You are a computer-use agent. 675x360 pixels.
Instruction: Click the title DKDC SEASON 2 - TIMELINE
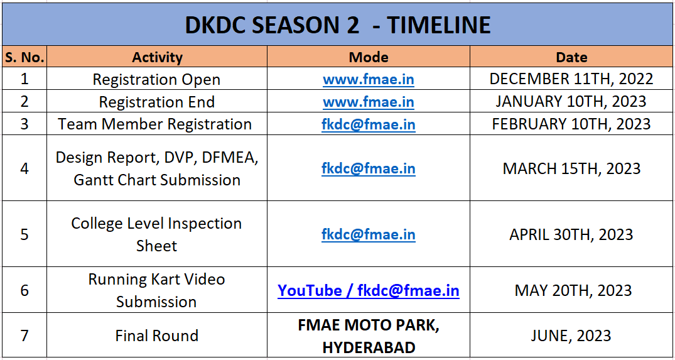[337, 25]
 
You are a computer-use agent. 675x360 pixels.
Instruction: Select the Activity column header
[157, 57]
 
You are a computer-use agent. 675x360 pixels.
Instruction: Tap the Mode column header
[369, 57]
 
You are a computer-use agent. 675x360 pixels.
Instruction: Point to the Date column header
[571, 57]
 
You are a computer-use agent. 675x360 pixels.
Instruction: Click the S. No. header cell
[24, 57]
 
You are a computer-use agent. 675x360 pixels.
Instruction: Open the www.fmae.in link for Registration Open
[369, 80]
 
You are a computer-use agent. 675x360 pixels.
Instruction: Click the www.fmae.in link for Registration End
[369, 102]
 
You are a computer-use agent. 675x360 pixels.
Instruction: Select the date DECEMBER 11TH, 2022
[571, 79]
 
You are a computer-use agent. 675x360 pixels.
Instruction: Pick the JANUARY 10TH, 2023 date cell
[571, 102]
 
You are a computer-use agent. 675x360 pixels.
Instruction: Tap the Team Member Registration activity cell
[155, 124]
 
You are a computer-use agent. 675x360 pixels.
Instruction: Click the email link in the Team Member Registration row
[369, 124]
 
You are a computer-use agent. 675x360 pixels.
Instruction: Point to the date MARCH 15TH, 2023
[571, 168]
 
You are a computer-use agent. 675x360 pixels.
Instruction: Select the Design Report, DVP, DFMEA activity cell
[157, 168]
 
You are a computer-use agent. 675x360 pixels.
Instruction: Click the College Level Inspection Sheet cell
[156, 234]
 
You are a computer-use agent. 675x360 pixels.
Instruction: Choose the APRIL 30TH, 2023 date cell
[571, 234]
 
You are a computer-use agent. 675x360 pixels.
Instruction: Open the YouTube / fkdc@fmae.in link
[369, 290]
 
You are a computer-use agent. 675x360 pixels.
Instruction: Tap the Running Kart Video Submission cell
[156, 290]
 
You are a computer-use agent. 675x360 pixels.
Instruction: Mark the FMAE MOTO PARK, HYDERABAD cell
[369, 336]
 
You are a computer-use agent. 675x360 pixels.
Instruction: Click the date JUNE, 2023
[571, 335]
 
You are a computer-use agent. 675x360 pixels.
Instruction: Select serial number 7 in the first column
[24, 335]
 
